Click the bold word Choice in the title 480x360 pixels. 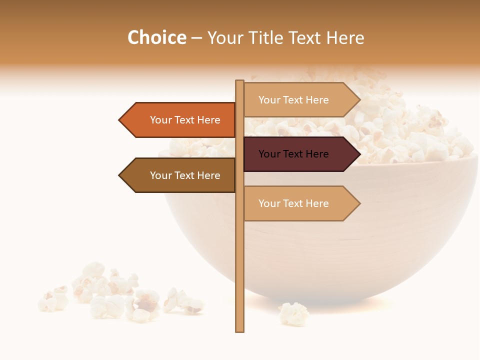[x=156, y=38]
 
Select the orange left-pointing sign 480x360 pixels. [x=180, y=120]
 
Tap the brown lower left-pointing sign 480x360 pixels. [x=180, y=175]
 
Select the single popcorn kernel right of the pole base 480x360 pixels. [x=294, y=313]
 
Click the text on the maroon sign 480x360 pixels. [x=293, y=154]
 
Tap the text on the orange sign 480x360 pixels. [x=185, y=120]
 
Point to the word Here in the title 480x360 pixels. [x=345, y=38]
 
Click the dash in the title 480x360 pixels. [x=196, y=38]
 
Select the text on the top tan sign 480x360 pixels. [x=293, y=100]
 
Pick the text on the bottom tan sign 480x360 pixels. [x=293, y=203]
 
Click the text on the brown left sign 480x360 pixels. [x=185, y=175]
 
